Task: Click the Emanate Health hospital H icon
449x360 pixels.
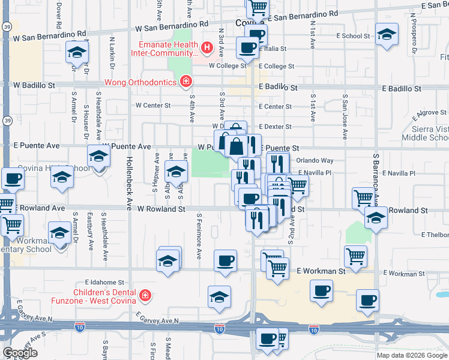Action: pos(207,47)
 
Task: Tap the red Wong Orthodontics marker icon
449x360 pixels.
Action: pos(186,82)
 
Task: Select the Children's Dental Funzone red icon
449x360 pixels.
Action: pos(145,295)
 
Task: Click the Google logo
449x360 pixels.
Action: pos(20,353)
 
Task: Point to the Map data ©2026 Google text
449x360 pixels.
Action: pos(412,355)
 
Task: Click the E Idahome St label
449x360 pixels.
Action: pos(104,281)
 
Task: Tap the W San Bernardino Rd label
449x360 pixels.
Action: pos(171,28)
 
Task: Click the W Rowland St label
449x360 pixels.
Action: pos(161,209)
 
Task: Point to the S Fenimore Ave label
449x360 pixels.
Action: pos(199,238)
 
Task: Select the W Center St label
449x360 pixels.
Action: pos(154,106)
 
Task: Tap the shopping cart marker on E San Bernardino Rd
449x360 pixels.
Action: pos(258,8)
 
